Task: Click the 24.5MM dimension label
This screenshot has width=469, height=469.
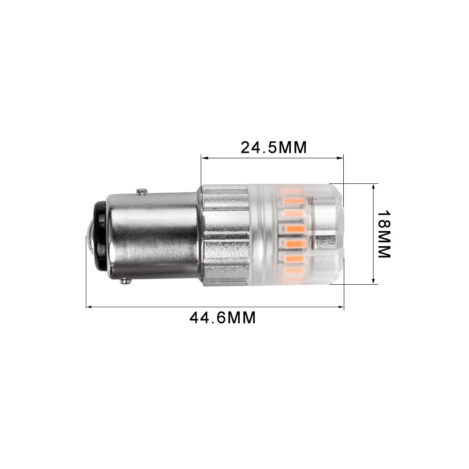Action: click(273, 147)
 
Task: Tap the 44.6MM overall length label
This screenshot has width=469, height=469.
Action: click(222, 318)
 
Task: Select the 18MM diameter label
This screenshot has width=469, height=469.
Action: click(384, 234)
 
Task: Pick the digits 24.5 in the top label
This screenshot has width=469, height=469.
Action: click(258, 147)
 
